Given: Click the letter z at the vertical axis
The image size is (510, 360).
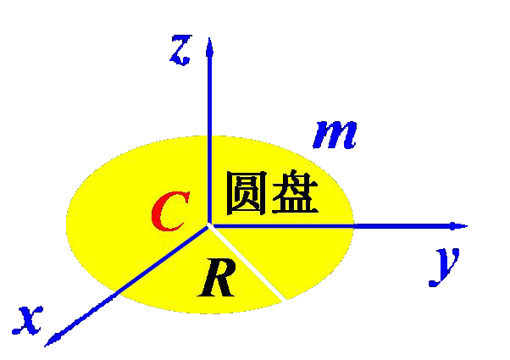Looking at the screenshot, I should coord(180,50).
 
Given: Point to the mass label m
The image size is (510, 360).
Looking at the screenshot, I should coord(335,133).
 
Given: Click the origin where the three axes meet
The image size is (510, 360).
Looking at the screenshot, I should coord(209,225).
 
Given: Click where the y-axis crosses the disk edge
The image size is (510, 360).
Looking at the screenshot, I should coord(353,225).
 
